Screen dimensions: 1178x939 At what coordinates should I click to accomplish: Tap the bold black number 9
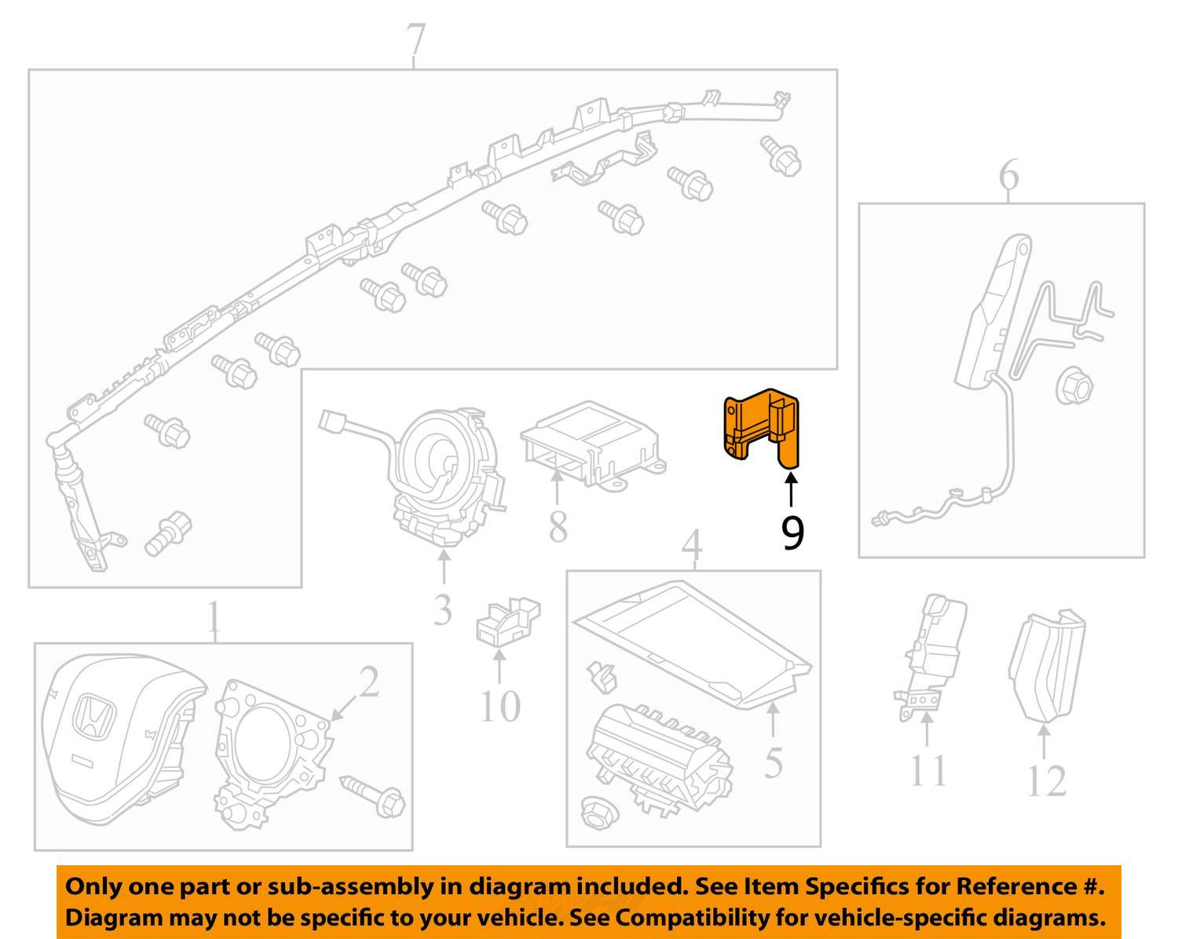[792, 533]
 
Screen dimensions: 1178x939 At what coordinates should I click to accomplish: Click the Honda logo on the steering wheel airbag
[93, 716]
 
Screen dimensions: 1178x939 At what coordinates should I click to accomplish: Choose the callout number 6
[1008, 174]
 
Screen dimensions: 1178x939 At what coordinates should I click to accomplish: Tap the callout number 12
[1047, 781]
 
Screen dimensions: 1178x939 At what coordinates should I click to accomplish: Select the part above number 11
[929, 656]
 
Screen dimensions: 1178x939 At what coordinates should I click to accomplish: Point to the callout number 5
[773, 762]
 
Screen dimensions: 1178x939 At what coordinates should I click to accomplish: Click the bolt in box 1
[373, 797]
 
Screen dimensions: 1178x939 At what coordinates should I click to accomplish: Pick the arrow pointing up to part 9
[791, 491]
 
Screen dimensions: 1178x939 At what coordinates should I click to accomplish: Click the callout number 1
[214, 616]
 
